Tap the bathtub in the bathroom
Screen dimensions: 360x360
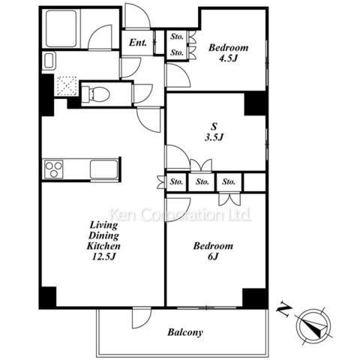tap(61, 28)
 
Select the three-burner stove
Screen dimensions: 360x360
tap(53, 169)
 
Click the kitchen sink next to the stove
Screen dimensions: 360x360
tap(103, 169)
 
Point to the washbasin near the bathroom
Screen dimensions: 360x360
tap(49, 61)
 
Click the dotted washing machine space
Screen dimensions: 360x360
tap(67, 85)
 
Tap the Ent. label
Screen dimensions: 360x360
tap(138, 43)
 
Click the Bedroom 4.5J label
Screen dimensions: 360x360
tap(229, 52)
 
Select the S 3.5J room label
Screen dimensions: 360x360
tap(214, 132)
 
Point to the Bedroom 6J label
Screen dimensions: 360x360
tap(213, 250)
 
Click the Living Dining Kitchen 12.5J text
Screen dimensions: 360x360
tap(103, 241)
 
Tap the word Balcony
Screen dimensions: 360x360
tap(185, 332)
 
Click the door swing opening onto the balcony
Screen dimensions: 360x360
tap(142, 317)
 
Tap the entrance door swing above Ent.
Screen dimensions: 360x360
tap(137, 16)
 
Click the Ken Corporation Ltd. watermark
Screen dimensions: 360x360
tap(181, 214)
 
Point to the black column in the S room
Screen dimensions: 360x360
tap(255, 103)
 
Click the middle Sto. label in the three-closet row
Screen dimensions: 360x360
tap(202, 181)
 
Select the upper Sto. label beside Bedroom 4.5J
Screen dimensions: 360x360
tap(177, 37)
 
